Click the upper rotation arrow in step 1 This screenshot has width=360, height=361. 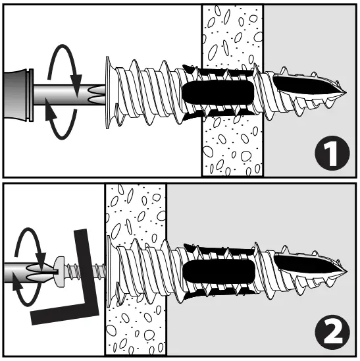(x=66, y=59)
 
